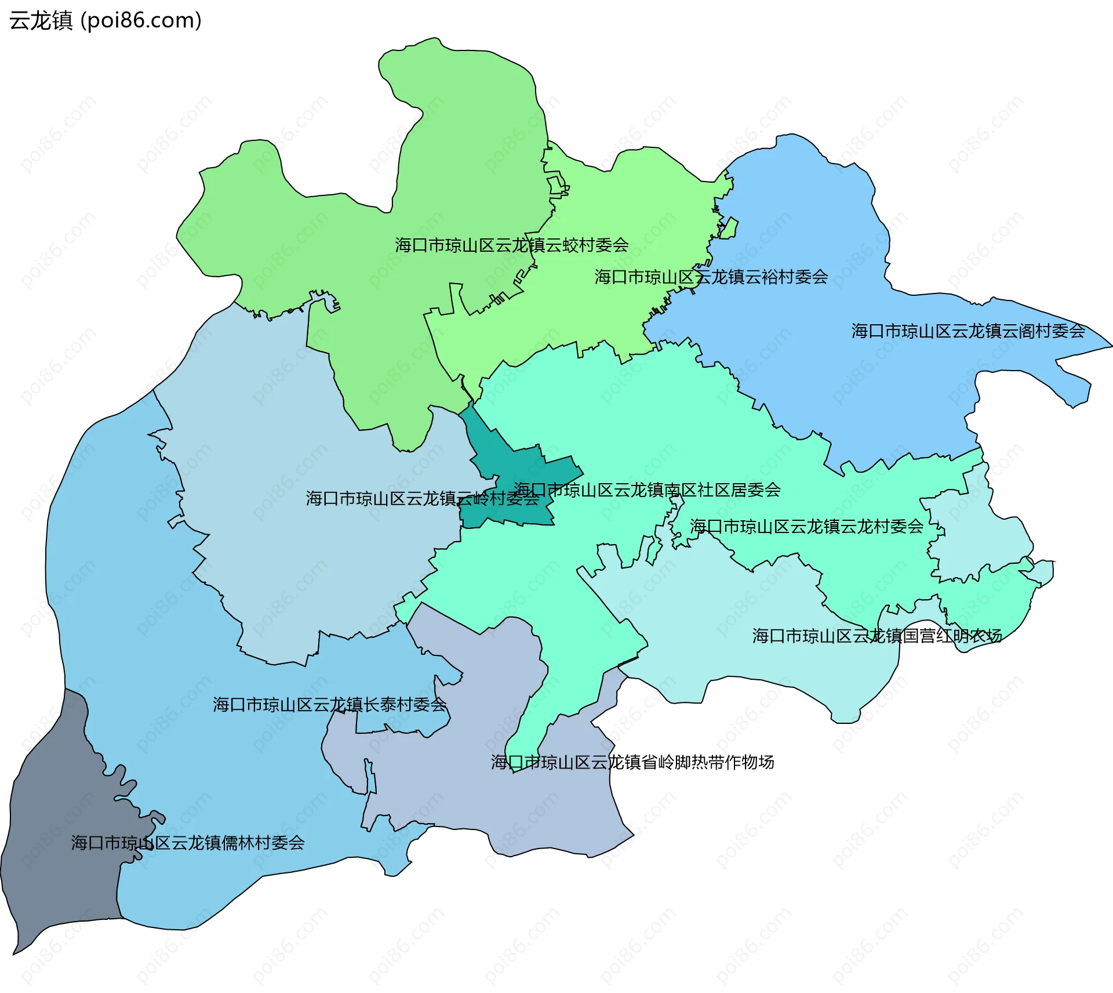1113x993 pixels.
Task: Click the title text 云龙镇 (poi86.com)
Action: coord(105,20)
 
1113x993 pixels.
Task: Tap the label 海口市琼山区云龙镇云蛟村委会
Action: coord(512,245)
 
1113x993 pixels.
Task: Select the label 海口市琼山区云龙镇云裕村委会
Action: coord(711,277)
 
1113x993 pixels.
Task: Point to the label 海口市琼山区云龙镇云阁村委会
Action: coord(968,331)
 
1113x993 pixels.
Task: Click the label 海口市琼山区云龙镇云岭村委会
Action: coord(422,499)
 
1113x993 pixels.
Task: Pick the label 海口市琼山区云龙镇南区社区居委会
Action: coord(647,490)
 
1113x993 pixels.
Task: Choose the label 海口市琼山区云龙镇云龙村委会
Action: coord(806,527)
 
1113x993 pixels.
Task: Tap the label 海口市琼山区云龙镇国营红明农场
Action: coord(877,636)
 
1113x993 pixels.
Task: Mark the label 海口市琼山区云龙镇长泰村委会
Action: coord(329,705)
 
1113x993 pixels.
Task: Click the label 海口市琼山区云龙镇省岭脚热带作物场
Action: coord(632,762)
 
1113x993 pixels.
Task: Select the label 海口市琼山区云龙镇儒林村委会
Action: coord(188,843)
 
